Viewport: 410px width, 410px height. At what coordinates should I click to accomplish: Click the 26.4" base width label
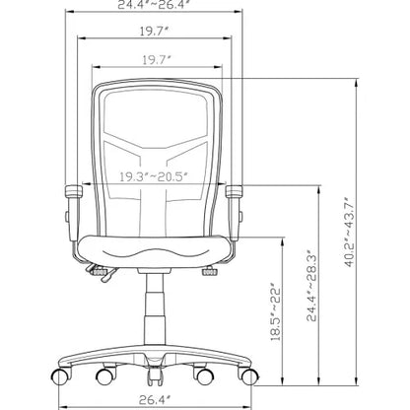(155, 400)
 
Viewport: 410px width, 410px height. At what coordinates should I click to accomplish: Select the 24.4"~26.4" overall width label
(155, 4)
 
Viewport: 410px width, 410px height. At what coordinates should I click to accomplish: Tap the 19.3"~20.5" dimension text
(153, 176)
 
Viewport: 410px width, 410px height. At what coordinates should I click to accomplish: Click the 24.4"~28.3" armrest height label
(311, 285)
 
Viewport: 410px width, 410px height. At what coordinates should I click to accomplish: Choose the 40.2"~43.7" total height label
(349, 232)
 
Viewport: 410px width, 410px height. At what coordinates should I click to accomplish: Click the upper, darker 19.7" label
(155, 32)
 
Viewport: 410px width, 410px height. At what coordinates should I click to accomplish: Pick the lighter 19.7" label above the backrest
(157, 60)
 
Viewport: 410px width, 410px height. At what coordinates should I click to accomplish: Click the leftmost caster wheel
(61, 376)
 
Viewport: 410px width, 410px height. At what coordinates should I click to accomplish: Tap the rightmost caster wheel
(249, 376)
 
